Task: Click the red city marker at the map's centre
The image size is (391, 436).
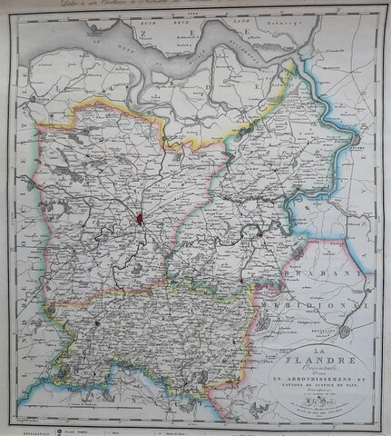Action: pyautogui.click(x=138, y=219)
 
